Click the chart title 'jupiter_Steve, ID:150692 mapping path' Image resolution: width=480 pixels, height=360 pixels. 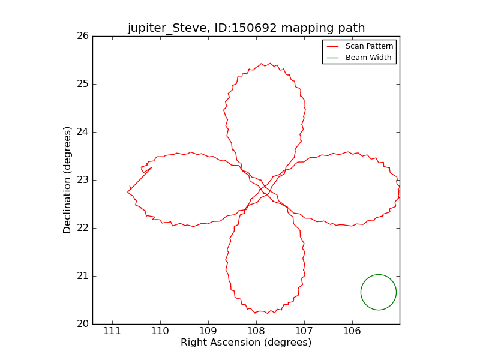(x=246, y=28)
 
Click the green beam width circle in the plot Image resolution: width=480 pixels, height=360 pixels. (x=379, y=292)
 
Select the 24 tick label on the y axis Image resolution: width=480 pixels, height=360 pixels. (x=82, y=132)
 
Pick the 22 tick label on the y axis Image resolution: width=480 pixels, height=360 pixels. (x=82, y=228)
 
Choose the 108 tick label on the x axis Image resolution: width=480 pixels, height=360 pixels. (x=256, y=331)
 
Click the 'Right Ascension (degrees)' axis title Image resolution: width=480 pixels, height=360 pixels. (x=246, y=343)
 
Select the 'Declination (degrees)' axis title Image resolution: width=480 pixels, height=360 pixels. (x=68, y=180)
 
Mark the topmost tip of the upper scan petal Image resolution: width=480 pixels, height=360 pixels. (x=262, y=63)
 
